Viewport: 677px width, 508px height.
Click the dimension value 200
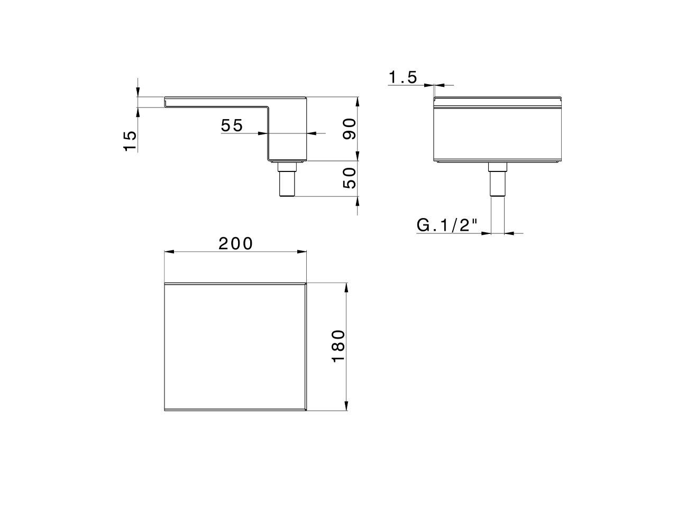(236, 243)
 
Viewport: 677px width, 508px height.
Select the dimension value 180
(338, 346)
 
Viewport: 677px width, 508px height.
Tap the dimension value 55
(232, 125)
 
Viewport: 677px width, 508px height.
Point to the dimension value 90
(350, 129)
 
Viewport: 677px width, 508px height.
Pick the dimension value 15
(130, 141)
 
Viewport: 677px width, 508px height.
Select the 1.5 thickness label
(403, 78)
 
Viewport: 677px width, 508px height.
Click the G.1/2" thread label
(447, 225)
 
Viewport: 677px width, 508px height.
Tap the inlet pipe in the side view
(287, 183)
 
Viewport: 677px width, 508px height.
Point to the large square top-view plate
(235, 347)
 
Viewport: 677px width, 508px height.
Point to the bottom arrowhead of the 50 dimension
(358, 202)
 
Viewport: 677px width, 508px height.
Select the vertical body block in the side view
(287, 132)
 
